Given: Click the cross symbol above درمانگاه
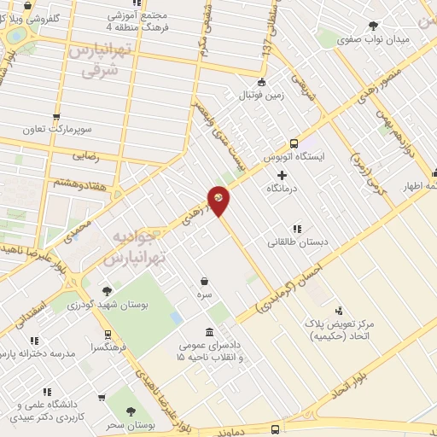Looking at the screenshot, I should point(283,174).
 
